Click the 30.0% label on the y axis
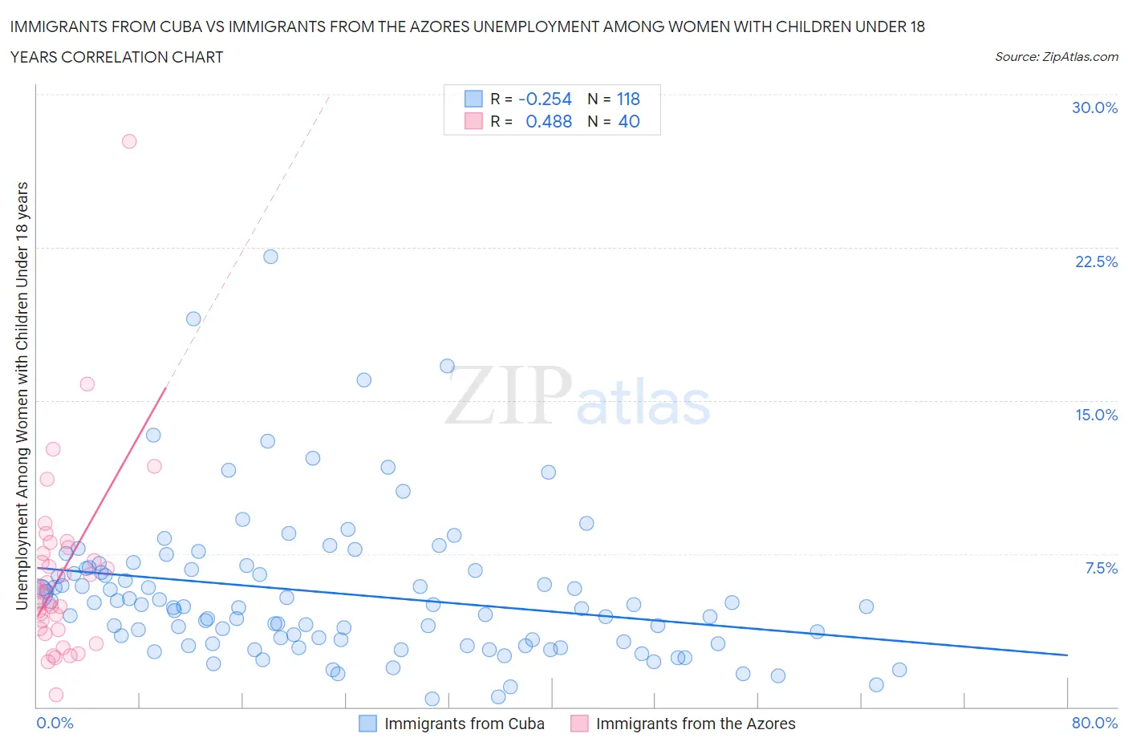pos(1094,107)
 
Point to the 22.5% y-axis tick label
pos(1096,262)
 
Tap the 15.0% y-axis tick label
pos(1096,415)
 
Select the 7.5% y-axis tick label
pos(1101,568)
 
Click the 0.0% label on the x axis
pos(55,723)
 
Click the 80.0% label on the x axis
pos(1094,723)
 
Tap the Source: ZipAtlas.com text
pos(1056,56)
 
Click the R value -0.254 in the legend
pos(545,99)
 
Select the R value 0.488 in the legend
pos(549,121)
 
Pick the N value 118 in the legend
pos(627,99)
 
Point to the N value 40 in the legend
pos(629,121)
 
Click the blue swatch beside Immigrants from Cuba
pos(367,724)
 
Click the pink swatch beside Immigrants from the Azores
pos(579,724)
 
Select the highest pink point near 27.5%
pos(128,141)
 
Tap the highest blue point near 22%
pos(270,257)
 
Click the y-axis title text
pos(22,395)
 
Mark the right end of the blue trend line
pos(1067,655)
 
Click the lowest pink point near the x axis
pos(56,695)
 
